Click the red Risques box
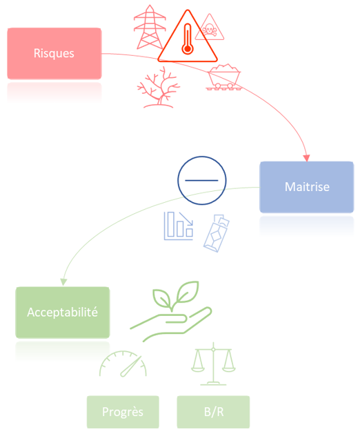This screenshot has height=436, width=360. tap(54, 53)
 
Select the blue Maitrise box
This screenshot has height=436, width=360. tap(307, 187)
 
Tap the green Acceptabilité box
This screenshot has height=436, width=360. tap(63, 313)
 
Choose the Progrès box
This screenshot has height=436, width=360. tap(123, 412)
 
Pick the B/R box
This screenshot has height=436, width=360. tap(213, 412)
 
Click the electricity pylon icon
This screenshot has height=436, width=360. tap(150, 27)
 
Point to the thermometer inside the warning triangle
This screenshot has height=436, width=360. tap(188, 39)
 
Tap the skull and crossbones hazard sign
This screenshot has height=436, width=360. tap(210, 28)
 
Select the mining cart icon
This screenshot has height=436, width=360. tap(223, 77)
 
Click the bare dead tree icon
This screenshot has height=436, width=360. tap(159, 88)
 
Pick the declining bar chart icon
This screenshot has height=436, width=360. tap(179, 226)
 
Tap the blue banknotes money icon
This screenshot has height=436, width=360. tap(217, 233)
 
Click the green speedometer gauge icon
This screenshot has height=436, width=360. tap(123, 364)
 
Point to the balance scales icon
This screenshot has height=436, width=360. tap(213, 364)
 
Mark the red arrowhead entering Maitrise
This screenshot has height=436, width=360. tap(307, 158)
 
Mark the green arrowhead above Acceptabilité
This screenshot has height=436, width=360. tap(63, 281)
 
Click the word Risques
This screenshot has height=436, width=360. tap(54, 53)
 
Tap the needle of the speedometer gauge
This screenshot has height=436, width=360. tap(131, 366)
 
